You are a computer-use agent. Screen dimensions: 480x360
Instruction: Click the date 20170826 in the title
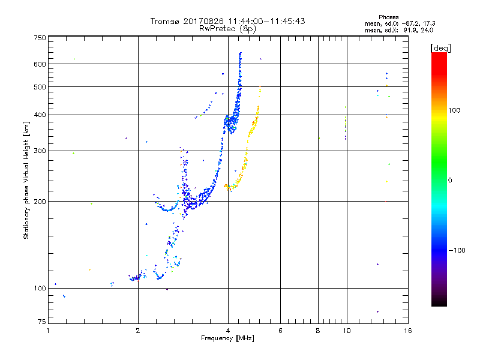point(203,21)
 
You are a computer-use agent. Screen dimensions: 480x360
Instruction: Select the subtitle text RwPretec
point(218,29)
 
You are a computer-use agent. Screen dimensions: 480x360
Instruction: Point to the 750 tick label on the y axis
point(40,38)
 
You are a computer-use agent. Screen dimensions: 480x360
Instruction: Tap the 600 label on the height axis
point(40,64)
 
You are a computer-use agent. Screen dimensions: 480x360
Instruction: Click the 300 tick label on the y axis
point(40,151)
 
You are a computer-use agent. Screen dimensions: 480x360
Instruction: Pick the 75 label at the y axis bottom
point(42,322)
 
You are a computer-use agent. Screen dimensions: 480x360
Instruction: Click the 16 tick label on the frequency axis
point(408,331)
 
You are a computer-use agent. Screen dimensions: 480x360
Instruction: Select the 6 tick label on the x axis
point(280,331)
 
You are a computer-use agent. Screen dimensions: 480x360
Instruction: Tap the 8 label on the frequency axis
point(318,331)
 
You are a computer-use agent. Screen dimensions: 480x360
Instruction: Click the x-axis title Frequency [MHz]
point(227,338)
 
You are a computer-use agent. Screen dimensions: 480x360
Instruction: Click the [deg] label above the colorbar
point(440,48)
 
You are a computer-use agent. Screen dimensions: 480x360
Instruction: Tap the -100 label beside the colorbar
point(457,250)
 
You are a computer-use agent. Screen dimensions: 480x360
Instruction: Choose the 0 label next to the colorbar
point(450,180)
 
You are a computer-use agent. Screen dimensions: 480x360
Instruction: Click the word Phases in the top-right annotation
point(388,17)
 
